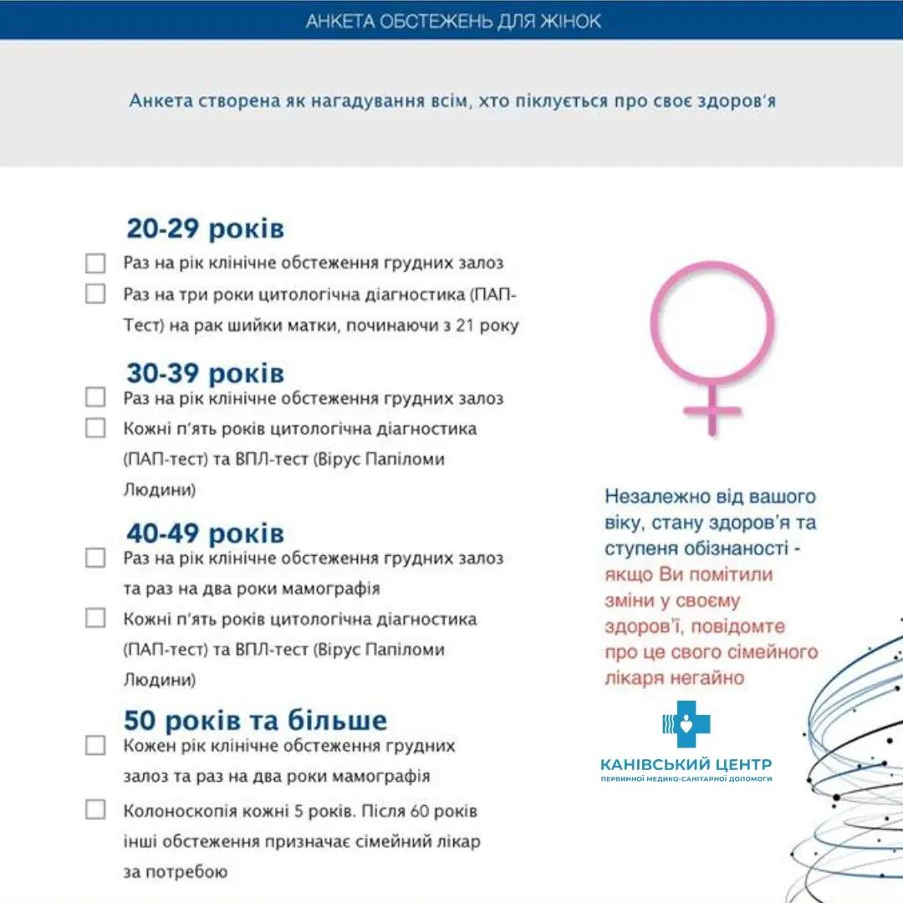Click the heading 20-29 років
205,229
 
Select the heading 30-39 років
205,373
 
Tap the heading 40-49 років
205,533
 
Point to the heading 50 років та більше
255,720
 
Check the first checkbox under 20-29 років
95,263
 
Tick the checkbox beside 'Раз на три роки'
95,294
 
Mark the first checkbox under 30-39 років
95,397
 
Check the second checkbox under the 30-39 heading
95,428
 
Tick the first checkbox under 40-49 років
95,558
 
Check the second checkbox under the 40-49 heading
95,619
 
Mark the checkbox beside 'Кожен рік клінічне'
95,745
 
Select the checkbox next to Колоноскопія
95,809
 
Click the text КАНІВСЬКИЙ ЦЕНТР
686,764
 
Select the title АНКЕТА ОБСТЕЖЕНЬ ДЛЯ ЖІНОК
452,21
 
